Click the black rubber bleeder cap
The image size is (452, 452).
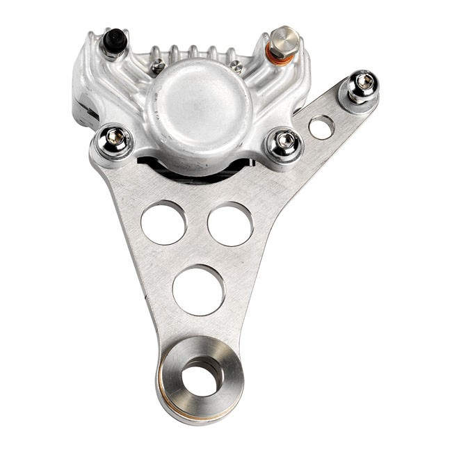click(x=115, y=42)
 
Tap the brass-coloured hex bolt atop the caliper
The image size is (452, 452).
click(x=284, y=35)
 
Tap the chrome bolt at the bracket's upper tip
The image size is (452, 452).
click(x=362, y=85)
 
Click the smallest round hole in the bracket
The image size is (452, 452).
click(x=321, y=127)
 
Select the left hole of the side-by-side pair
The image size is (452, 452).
click(x=163, y=223)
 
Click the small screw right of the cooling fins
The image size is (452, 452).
click(x=237, y=67)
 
